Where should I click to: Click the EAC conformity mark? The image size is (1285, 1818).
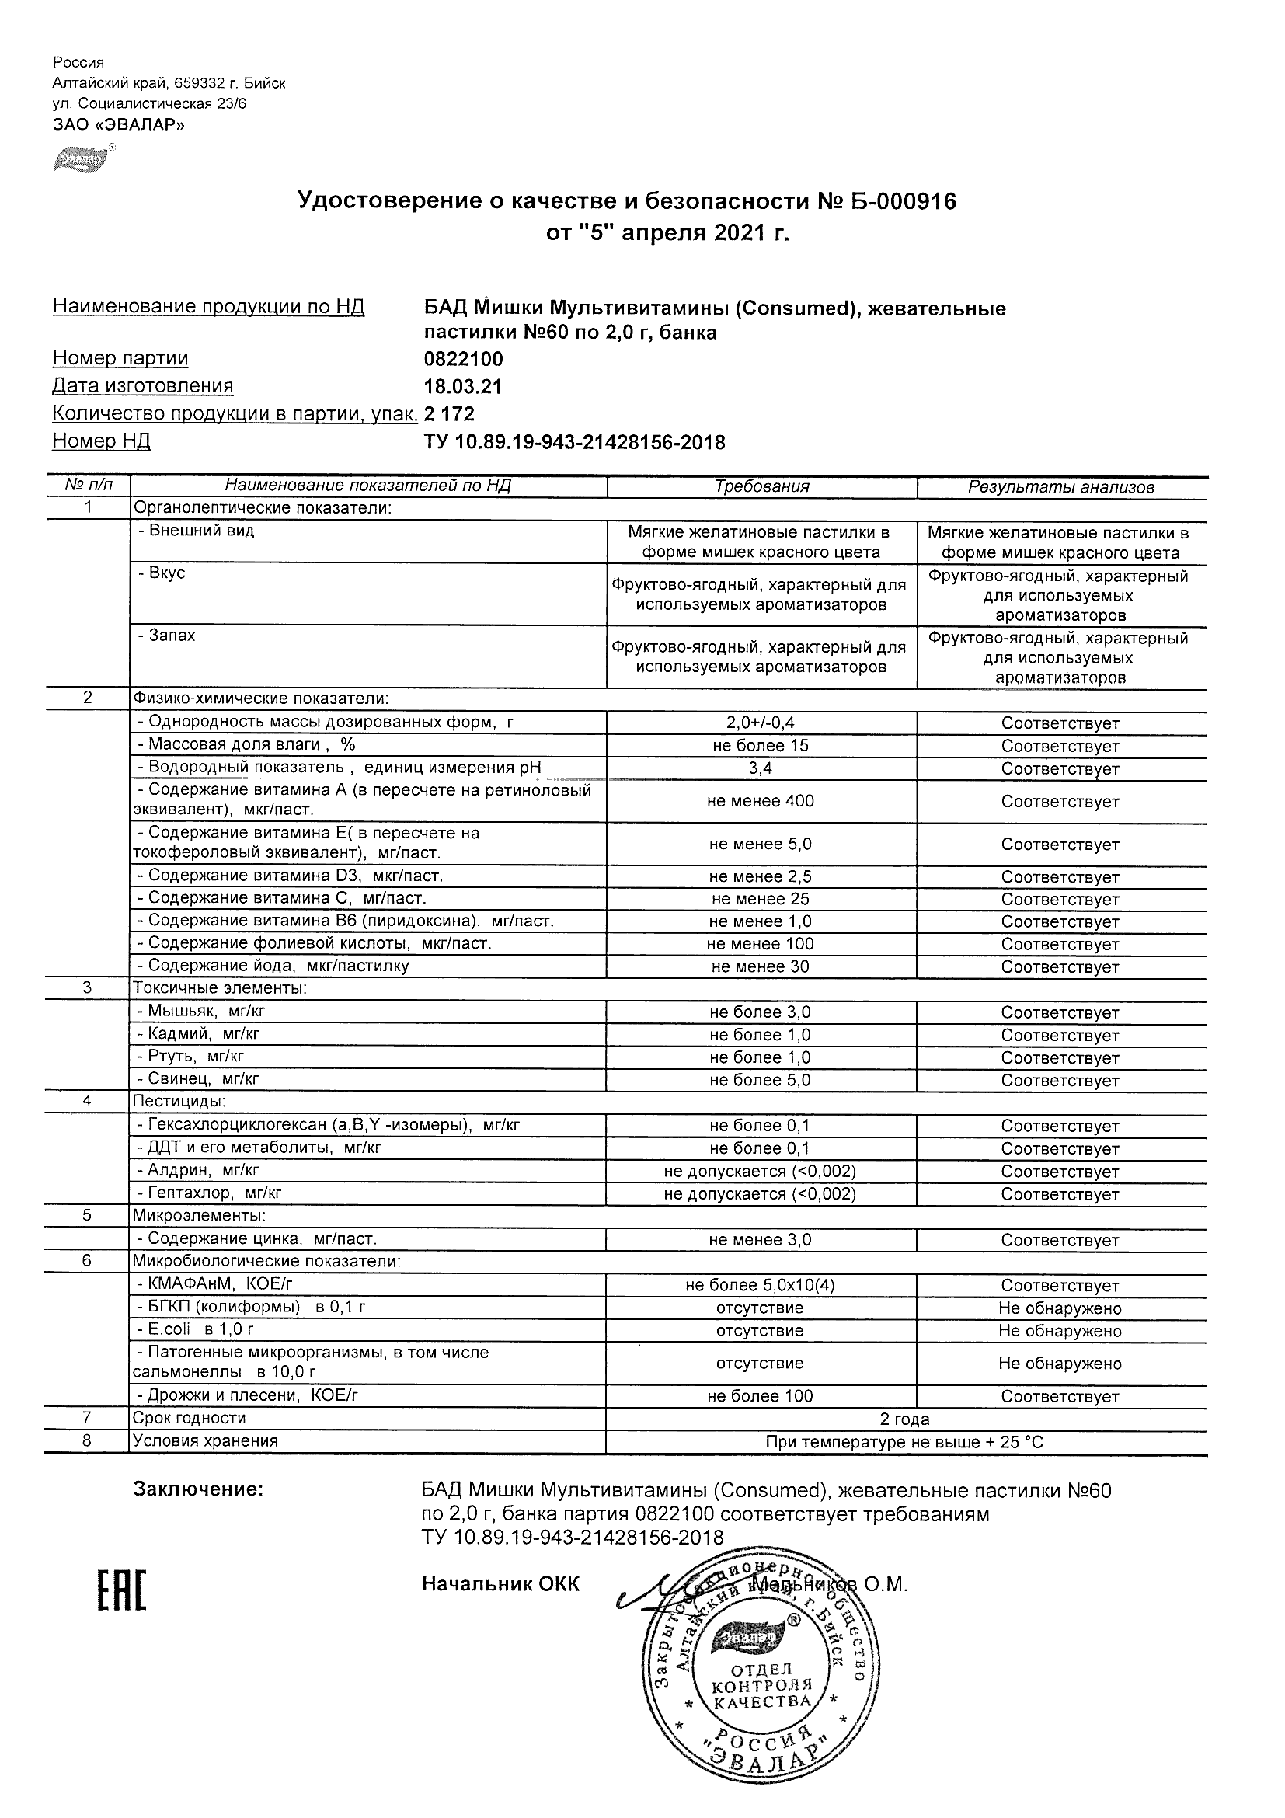click(122, 1586)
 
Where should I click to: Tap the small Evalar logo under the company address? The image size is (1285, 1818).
click(78, 159)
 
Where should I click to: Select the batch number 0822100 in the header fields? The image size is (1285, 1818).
click(463, 359)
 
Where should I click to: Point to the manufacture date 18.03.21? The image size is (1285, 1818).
click(462, 386)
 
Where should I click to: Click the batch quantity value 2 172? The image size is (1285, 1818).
click(449, 414)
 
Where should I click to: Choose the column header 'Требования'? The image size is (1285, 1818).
click(761, 487)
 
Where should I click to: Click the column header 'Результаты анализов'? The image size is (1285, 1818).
click(1061, 488)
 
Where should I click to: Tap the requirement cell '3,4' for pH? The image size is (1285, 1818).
click(761, 768)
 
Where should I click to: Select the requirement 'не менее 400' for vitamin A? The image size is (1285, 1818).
click(760, 801)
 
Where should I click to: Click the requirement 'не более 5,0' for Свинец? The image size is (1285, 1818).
click(760, 1080)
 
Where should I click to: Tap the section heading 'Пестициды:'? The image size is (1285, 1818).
click(179, 1102)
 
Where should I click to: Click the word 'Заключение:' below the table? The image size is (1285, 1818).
click(198, 1489)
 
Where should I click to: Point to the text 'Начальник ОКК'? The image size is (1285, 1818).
click(500, 1583)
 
